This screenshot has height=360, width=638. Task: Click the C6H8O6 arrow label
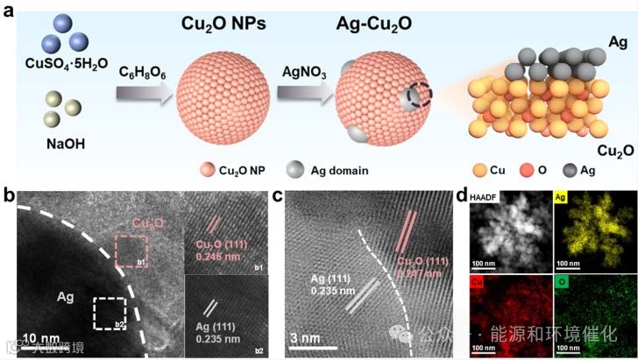(144, 70)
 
